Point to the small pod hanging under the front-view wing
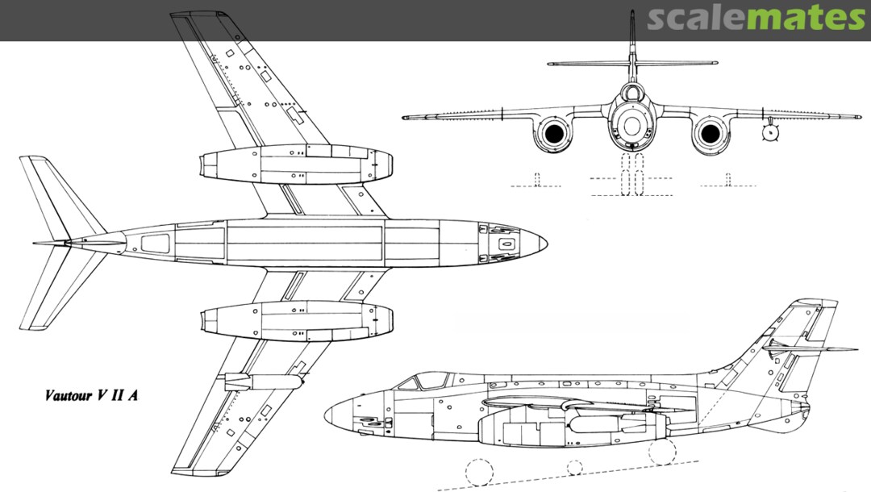[771, 134]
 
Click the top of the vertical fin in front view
[631, 15]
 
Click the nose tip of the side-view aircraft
[326, 415]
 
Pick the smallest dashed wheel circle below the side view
[574, 467]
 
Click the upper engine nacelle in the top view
[298, 164]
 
